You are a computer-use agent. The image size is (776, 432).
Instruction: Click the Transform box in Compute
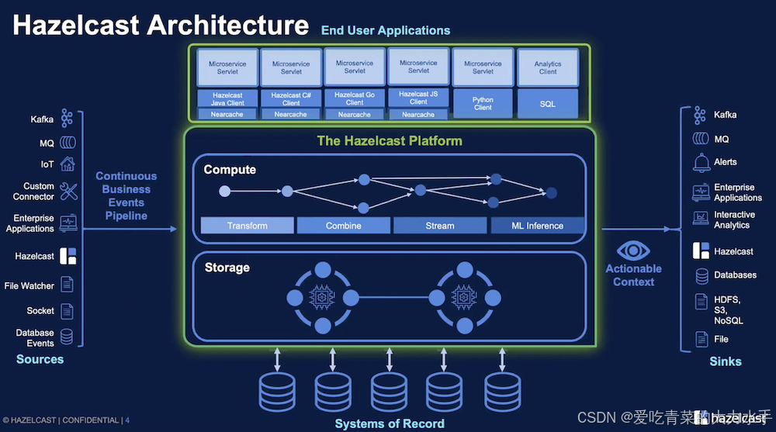coord(248,226)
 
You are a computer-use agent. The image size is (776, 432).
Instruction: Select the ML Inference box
coord(538,226)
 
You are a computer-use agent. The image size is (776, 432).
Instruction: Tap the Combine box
coord(344,226)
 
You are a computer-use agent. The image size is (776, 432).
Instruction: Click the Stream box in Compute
coord(440,226)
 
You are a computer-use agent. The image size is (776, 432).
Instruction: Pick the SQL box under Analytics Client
coord(548,103)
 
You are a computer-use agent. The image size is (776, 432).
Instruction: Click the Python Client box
coord(483,103)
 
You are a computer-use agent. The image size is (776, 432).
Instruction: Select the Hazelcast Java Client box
coord(227,98)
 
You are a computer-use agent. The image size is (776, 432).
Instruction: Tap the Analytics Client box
coord(548,67)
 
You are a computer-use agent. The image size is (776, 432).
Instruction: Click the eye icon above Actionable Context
coord(633,251)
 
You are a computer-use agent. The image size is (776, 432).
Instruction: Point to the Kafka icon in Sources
coord(68,119)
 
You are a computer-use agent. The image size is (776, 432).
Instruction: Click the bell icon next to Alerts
coord(702,162)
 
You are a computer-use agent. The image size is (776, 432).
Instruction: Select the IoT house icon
coord(68,164)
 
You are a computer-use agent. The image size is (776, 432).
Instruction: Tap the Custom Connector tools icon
coord(68,191)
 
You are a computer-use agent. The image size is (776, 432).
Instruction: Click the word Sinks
coord(726,361)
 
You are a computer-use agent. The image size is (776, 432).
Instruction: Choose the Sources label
coord(40,359)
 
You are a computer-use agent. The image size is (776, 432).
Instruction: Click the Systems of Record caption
coord(390,423)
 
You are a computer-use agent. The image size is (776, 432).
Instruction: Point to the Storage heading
coord(227,268)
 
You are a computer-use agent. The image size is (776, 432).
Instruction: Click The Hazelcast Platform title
coord(390,141)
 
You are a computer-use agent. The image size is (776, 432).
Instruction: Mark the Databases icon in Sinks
coord(702,275)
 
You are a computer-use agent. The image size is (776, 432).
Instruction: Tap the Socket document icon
coord(68,311)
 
